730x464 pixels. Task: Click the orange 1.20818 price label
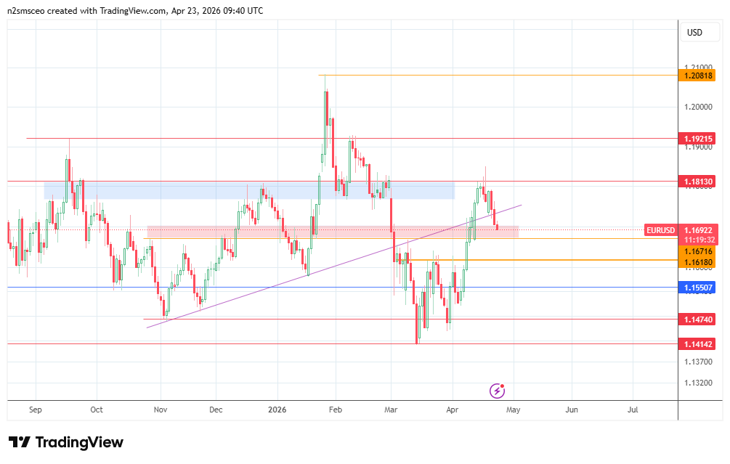698,75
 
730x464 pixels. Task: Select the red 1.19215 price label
698,138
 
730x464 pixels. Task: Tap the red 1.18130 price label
698,181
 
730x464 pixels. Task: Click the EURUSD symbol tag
662,230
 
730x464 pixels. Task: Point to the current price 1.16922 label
698,230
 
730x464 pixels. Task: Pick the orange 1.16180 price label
698,261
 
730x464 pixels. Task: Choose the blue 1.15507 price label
698,288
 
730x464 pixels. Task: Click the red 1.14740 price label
698,319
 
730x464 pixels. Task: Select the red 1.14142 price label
698,343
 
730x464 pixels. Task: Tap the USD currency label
694,33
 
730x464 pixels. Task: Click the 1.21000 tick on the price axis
698,68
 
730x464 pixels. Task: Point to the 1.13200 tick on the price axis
698,383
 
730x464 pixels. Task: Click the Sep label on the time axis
36,410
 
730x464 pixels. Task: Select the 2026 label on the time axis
277,410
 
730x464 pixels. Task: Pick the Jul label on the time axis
633,410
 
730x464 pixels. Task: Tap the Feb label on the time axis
335,410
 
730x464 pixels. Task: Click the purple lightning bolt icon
498,391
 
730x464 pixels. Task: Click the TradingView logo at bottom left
66,442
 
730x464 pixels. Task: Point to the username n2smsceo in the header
28,11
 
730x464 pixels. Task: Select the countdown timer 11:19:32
698,240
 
